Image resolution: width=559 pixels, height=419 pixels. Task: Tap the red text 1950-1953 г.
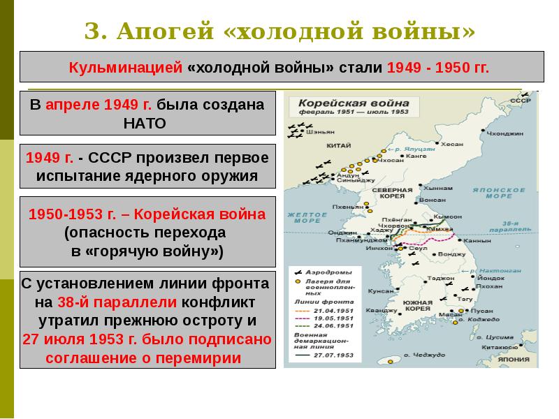click(72, 214)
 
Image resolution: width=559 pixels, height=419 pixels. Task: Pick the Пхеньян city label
click(349, 207)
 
